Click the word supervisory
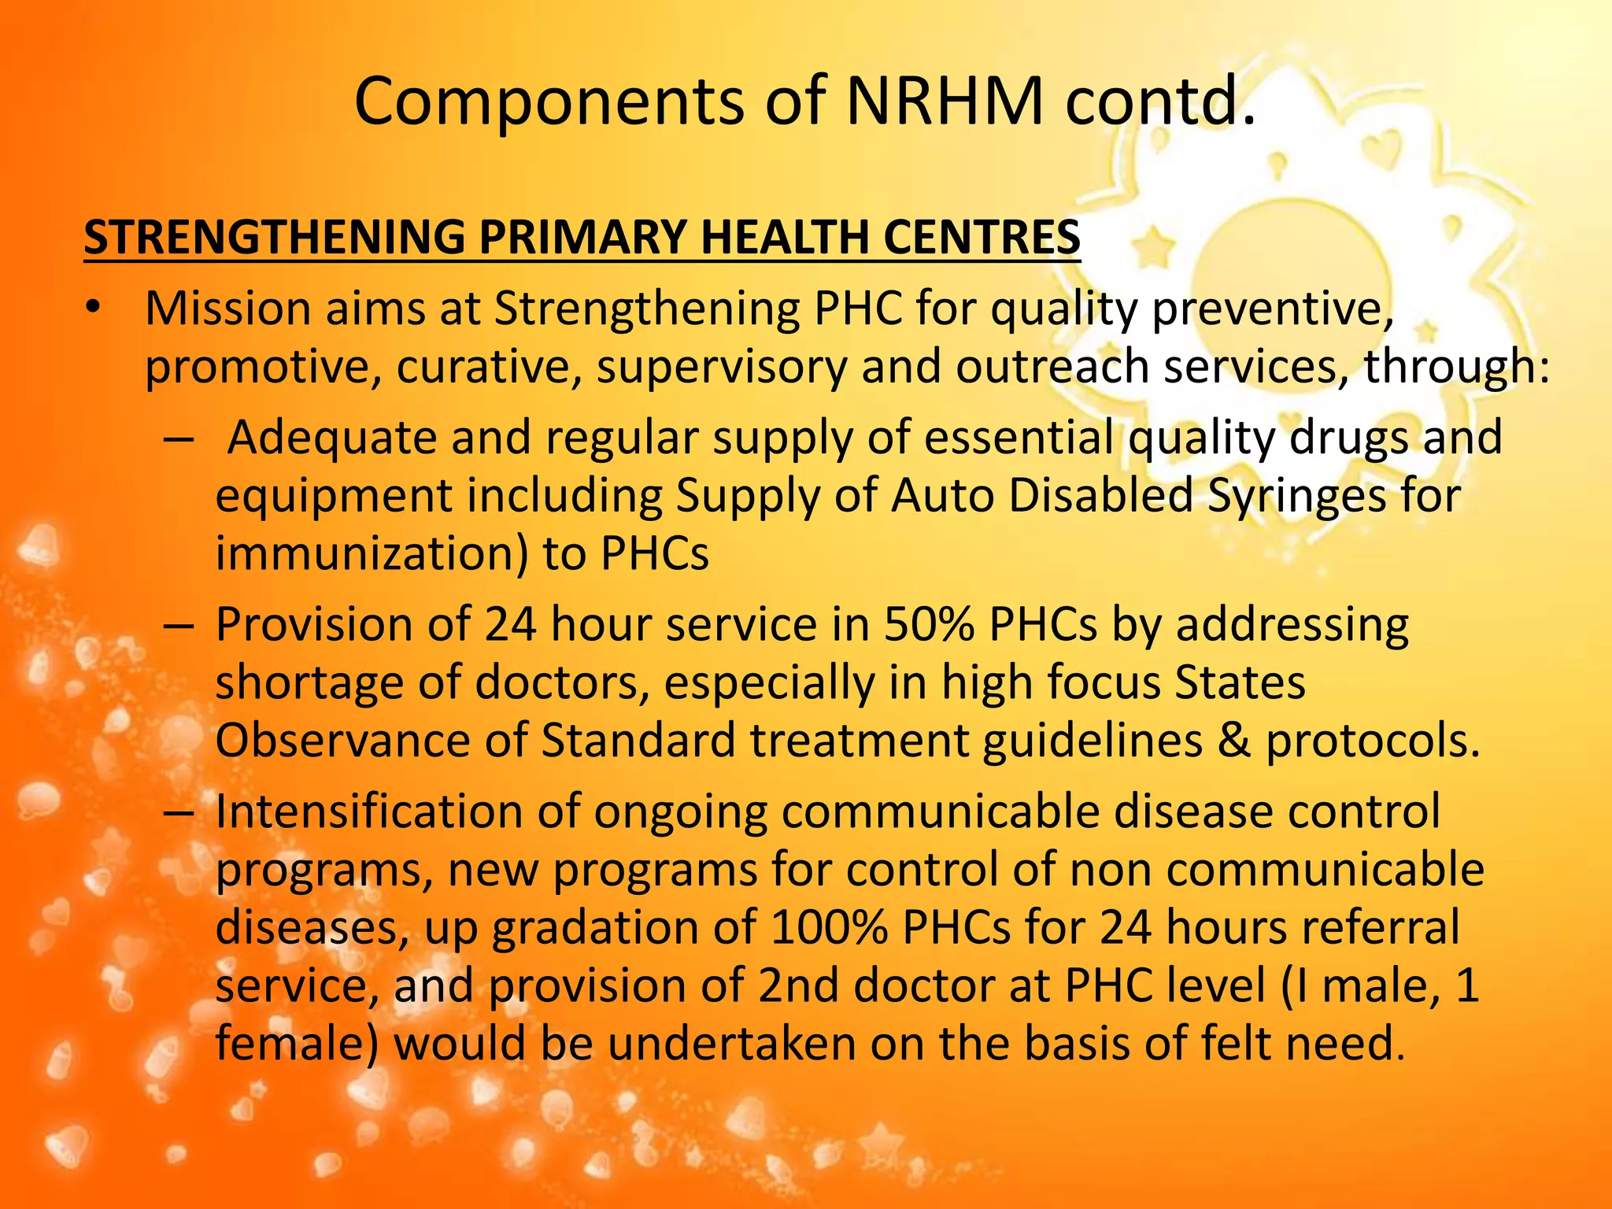coord(722,367)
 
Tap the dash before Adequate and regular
coord(179,438)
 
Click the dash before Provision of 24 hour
coord(179,627)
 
